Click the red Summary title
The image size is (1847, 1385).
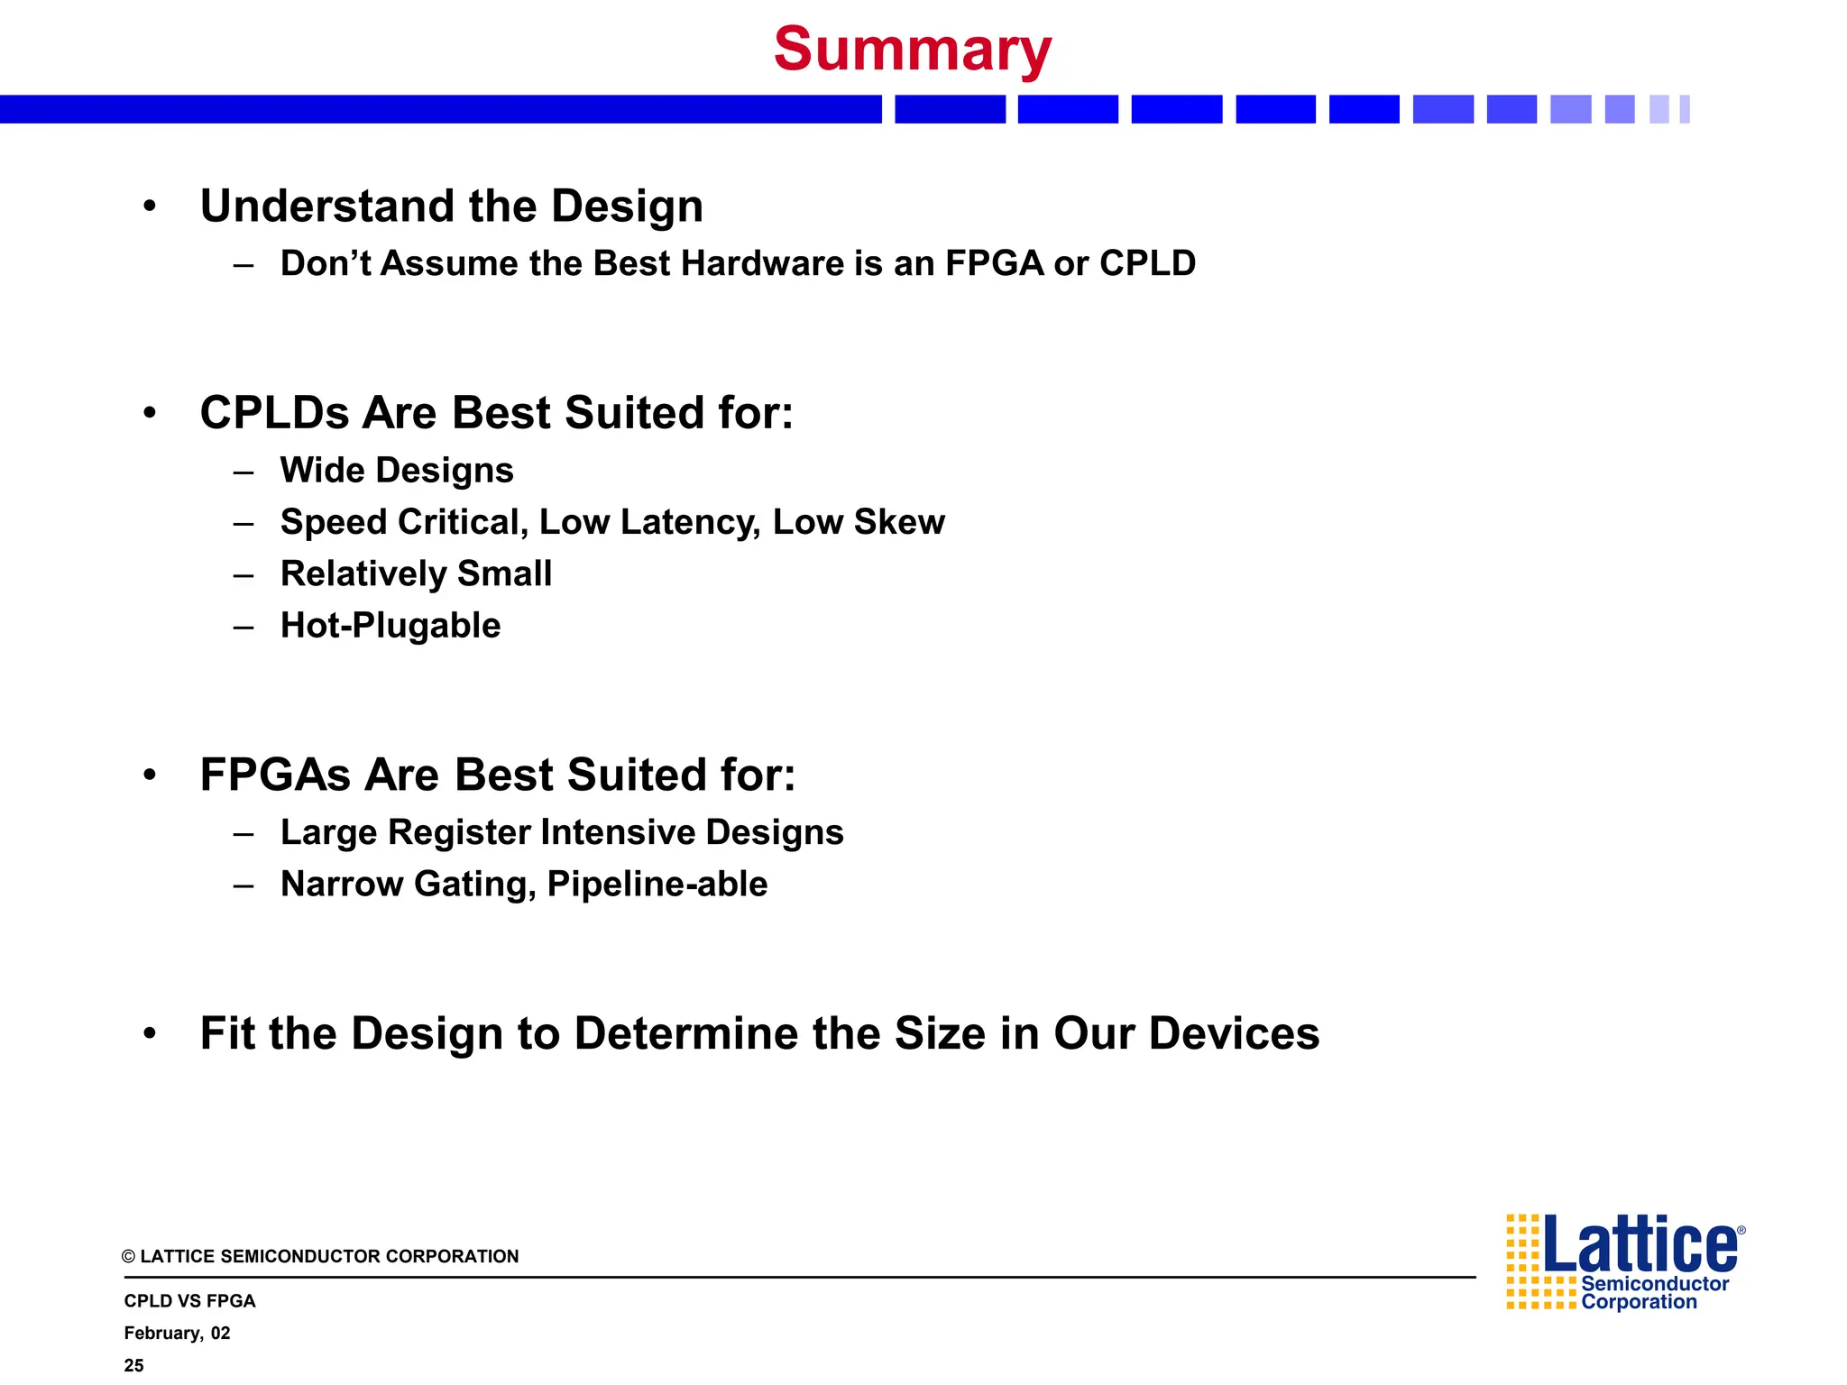912,50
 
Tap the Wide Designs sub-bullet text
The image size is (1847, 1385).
397,471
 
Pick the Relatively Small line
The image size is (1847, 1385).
416,574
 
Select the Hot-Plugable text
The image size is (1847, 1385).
391,626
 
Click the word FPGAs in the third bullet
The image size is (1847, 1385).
275,775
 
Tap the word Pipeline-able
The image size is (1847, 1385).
657,885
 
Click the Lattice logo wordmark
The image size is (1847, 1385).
1641,1245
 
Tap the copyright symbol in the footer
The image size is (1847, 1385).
129,1257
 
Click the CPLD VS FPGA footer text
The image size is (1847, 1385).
189,1301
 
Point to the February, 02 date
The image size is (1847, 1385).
177,1334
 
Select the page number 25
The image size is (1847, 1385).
134,1365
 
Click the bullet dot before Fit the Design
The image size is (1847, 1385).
150,1033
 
